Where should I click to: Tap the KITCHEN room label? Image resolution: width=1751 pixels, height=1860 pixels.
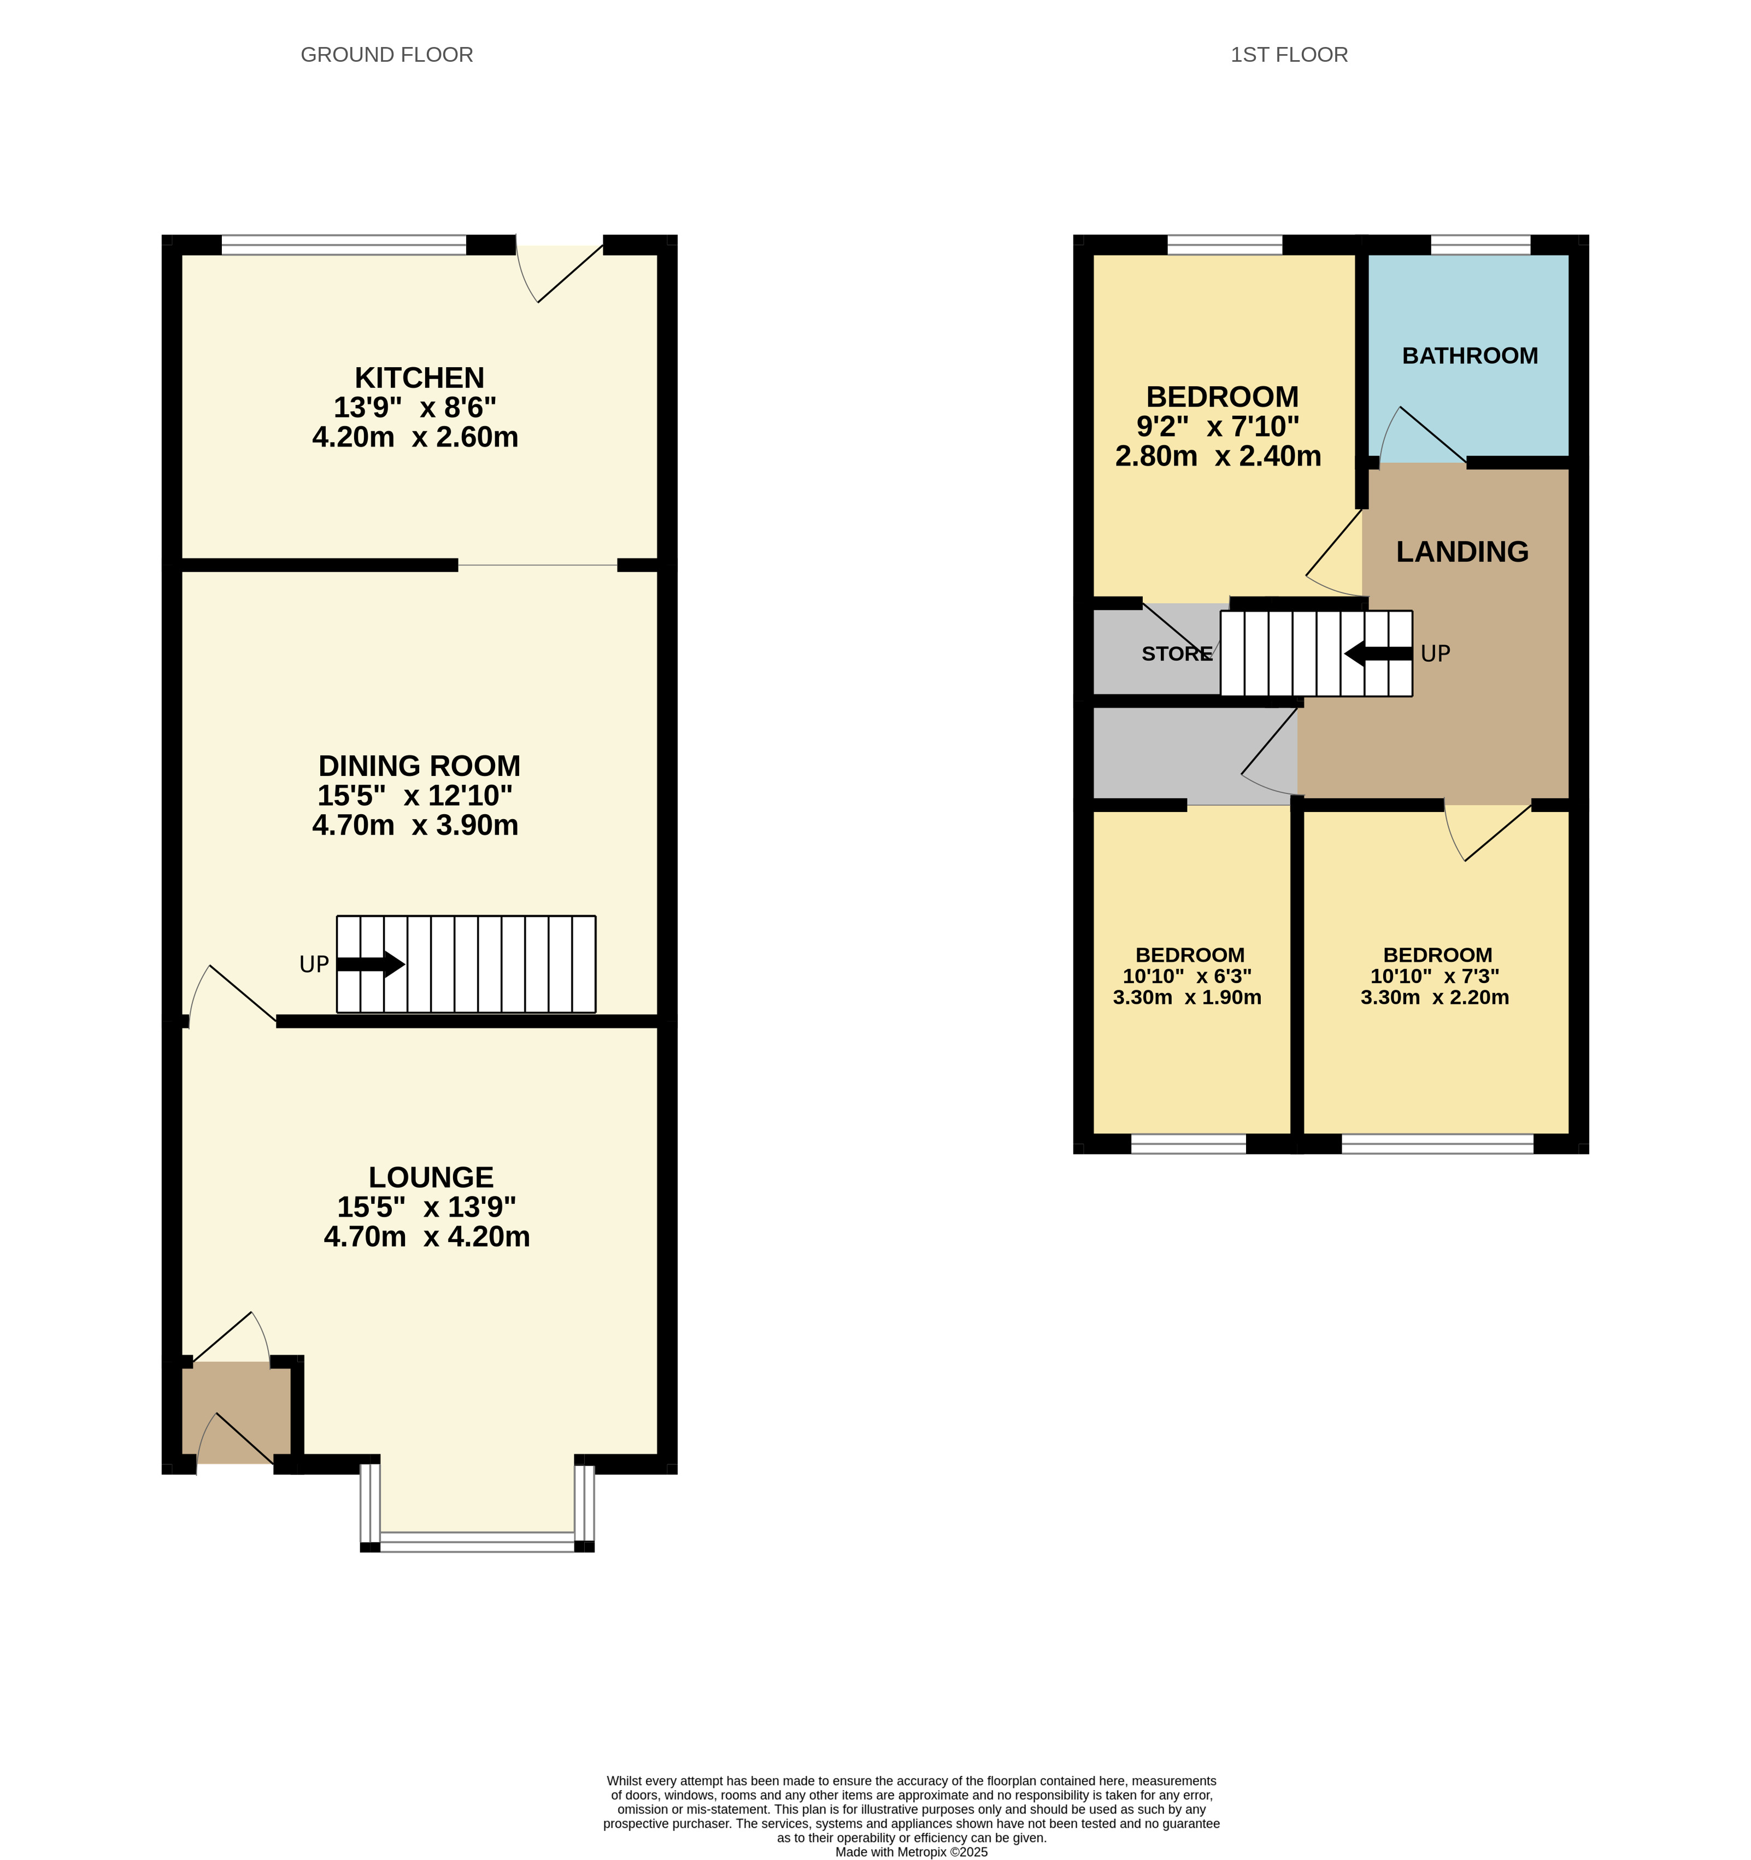click(419, 378)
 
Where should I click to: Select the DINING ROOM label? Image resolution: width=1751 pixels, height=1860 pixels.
click(419, 766)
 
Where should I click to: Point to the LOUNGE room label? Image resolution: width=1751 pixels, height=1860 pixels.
click(431, 1177)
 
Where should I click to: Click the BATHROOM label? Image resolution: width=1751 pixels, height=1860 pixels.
click(1470, 356)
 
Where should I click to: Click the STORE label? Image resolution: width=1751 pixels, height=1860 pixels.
click(1177, 654)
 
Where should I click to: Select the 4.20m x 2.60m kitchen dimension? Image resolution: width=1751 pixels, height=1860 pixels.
click(415, 437)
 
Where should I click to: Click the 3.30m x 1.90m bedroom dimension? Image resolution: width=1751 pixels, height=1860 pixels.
click(1186, 997)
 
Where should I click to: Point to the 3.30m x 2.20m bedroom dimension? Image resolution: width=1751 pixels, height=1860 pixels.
click(1435, 997)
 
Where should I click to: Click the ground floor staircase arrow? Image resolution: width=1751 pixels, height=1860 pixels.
click(371, 964)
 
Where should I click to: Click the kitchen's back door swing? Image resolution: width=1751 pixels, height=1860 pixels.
click(559, 273)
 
